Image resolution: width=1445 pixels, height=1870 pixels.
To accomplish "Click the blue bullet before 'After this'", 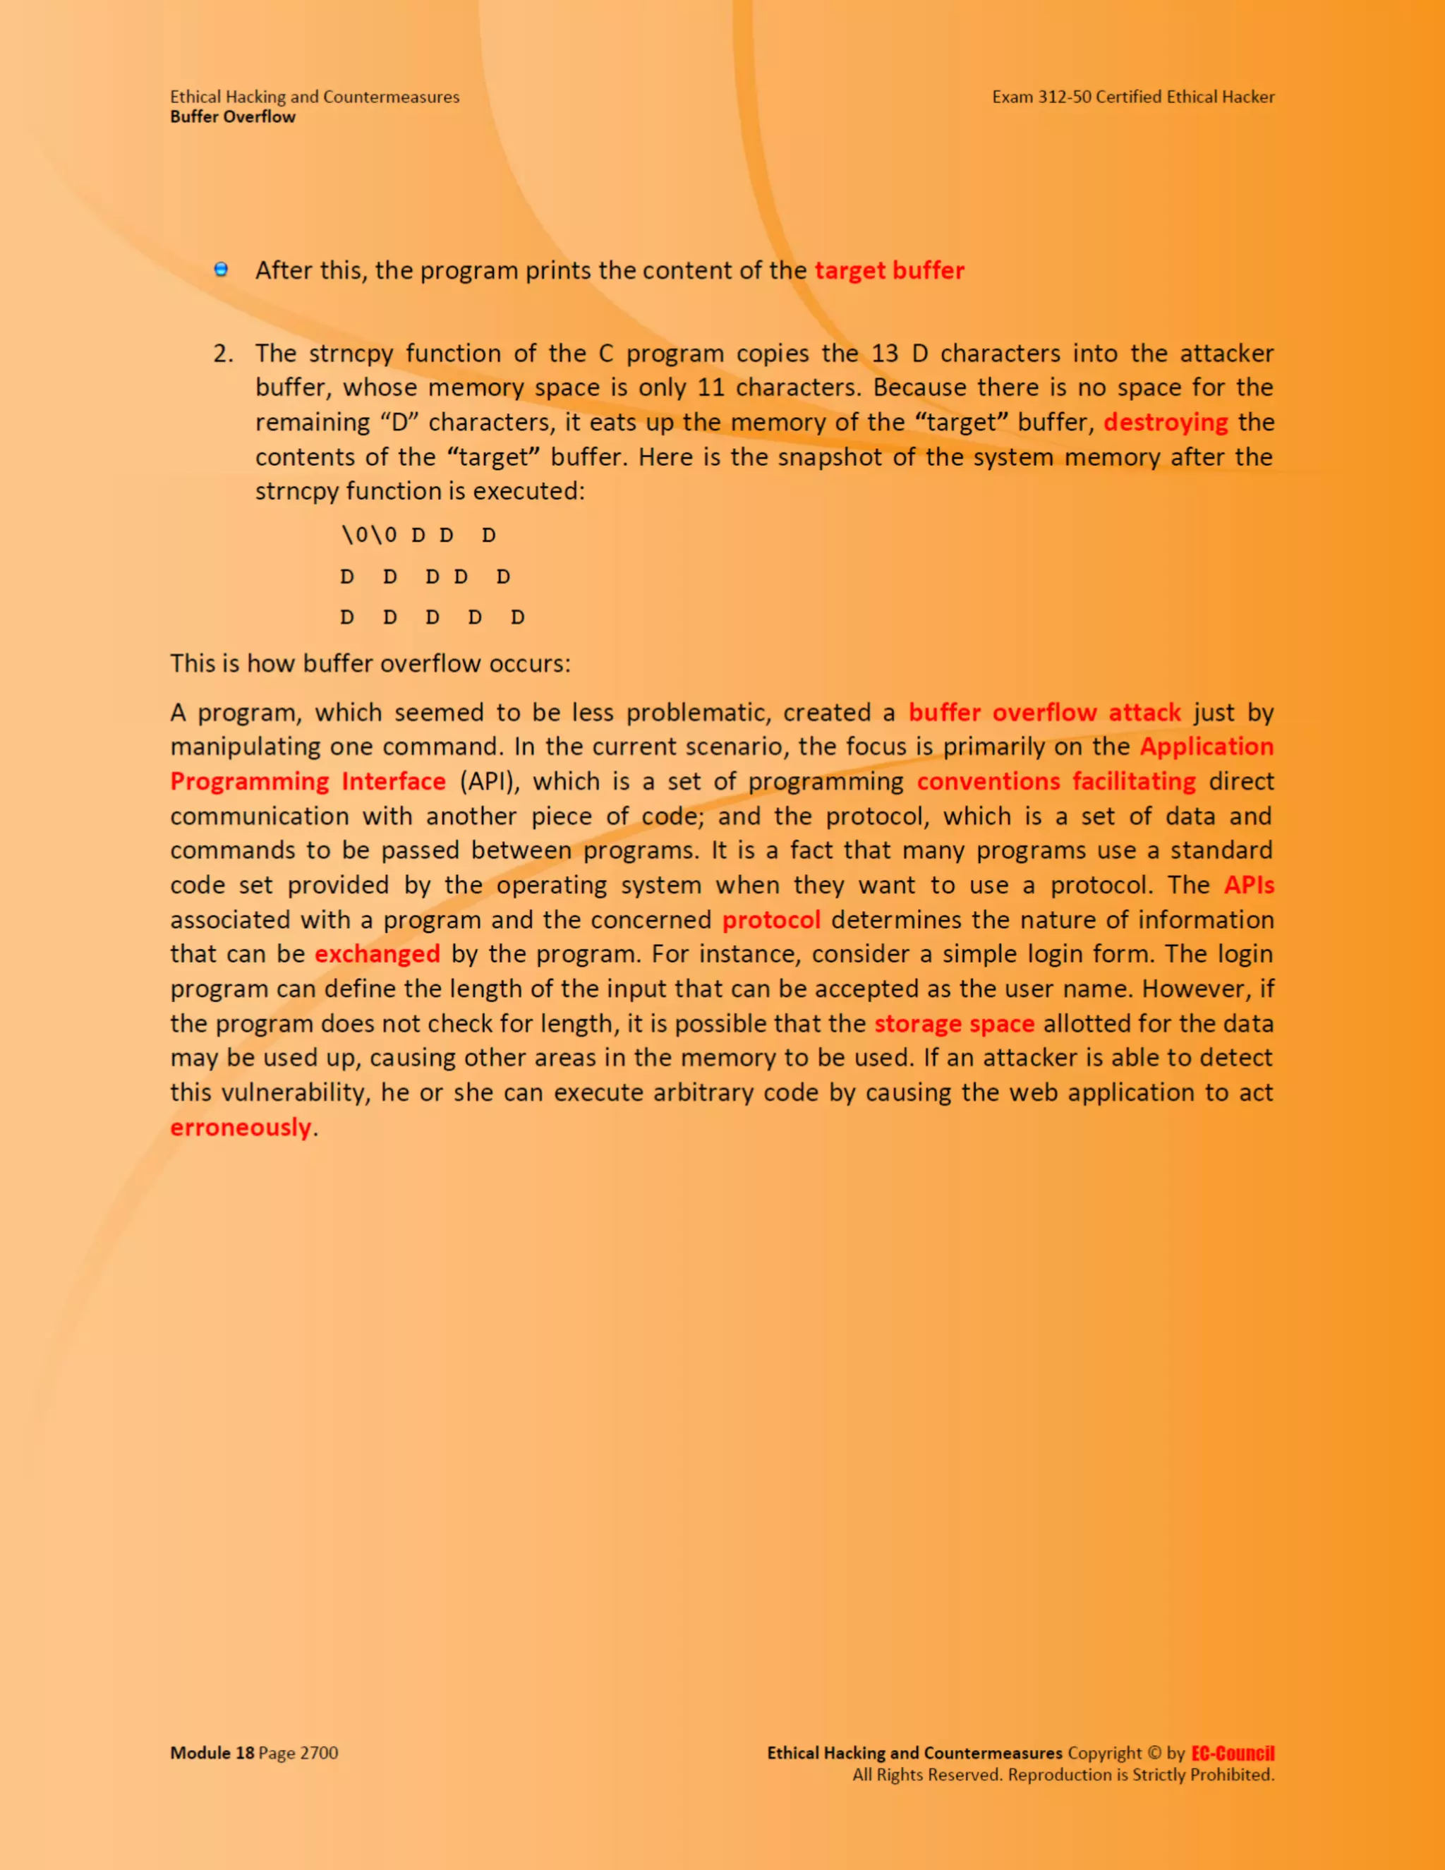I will (221, 270).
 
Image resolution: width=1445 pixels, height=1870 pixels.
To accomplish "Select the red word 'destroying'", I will (1165, 422).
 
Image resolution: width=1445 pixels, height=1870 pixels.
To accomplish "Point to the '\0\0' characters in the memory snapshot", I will (369, 535).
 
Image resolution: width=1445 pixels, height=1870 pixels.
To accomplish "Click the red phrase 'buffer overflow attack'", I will (1044, 713).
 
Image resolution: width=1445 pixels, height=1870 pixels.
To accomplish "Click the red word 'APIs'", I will (1248, 886).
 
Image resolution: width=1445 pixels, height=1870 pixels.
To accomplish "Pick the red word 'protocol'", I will (771, 920).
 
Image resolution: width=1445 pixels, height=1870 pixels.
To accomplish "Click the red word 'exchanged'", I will (377, 955).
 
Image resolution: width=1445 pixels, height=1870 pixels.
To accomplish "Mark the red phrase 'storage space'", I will (954, 1024).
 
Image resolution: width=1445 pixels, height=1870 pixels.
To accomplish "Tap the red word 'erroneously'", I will (241, 1128).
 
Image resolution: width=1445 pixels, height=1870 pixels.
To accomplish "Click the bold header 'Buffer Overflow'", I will (233, 117).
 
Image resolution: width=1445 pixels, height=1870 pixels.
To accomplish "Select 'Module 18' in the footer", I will (212, 1753).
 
